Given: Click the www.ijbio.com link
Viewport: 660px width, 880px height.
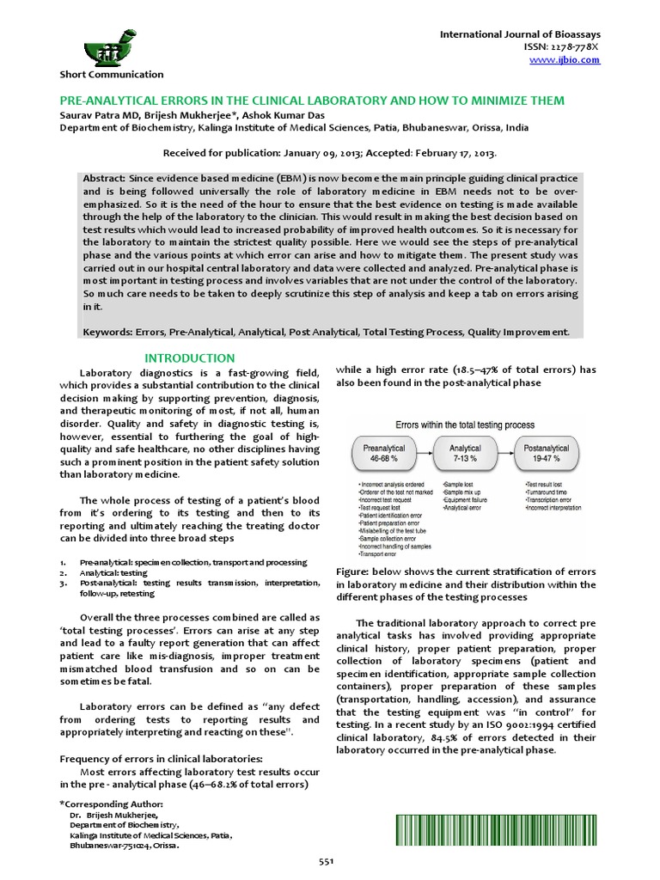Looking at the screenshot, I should pyautogui.click(x=577, y=60).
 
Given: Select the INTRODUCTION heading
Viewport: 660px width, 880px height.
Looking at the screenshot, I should pyautogui.click(x=189, y=357).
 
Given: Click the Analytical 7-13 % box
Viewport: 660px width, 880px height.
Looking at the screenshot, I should pyautogui.click(x=465, y=455).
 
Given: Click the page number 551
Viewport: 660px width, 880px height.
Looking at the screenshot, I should pyautogui.click(x=326, y=861).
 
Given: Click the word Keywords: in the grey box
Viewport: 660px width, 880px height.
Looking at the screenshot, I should pyautogui.click(x=107, y=332).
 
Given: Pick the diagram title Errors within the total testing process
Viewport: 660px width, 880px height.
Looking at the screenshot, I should pyautogui.click(x=464, y=425).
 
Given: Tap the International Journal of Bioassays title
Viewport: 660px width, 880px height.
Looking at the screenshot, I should pyautogui.click(x=520, y=34).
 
